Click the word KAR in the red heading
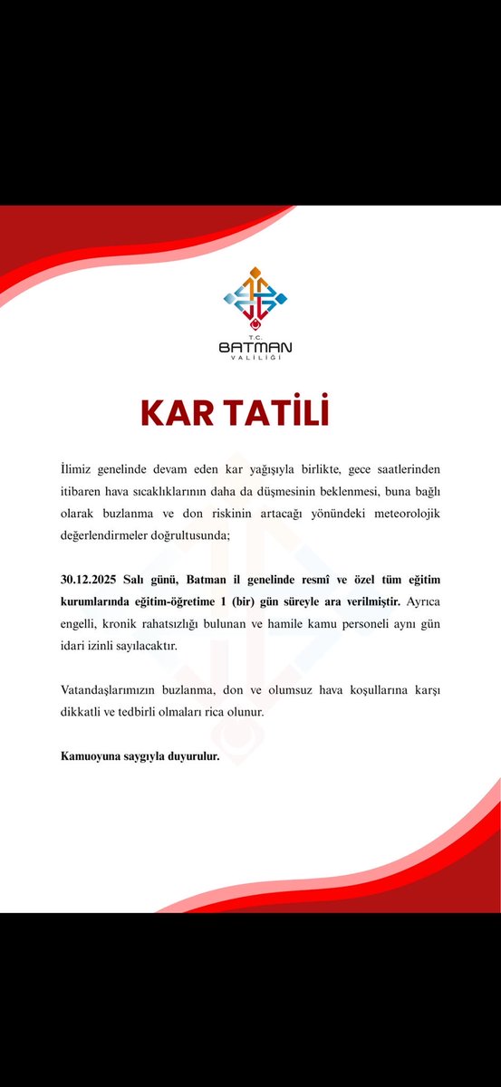(178, 412)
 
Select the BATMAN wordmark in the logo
(255, 347)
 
